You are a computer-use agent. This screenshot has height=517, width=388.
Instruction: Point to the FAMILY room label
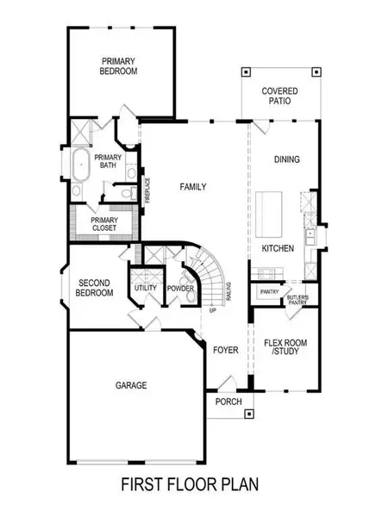[191, 186]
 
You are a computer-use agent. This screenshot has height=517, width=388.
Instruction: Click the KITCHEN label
[278, 248]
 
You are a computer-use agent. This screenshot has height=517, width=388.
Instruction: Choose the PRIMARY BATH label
[108, 162]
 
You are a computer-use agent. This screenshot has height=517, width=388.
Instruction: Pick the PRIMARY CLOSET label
[103, 224]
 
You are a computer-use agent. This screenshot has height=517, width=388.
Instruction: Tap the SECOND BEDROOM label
[95, 288]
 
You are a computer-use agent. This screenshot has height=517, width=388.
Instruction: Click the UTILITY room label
[144, 288]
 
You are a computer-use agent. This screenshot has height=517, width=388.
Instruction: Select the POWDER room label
[179, 288]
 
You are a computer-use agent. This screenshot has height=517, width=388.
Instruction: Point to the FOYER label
[225, 350]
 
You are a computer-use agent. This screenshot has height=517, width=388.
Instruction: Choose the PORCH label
[228, 402]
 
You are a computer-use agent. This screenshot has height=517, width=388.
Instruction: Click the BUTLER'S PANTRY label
[297, 297]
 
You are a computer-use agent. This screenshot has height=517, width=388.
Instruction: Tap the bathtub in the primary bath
[79, 168]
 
